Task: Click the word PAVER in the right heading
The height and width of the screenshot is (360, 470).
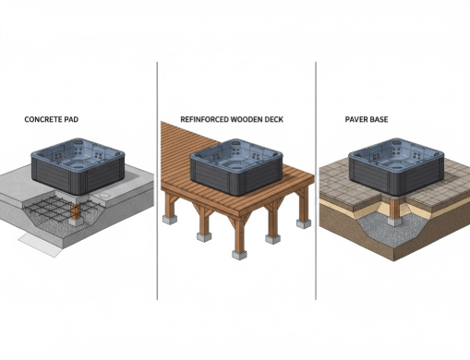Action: [356, 120]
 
